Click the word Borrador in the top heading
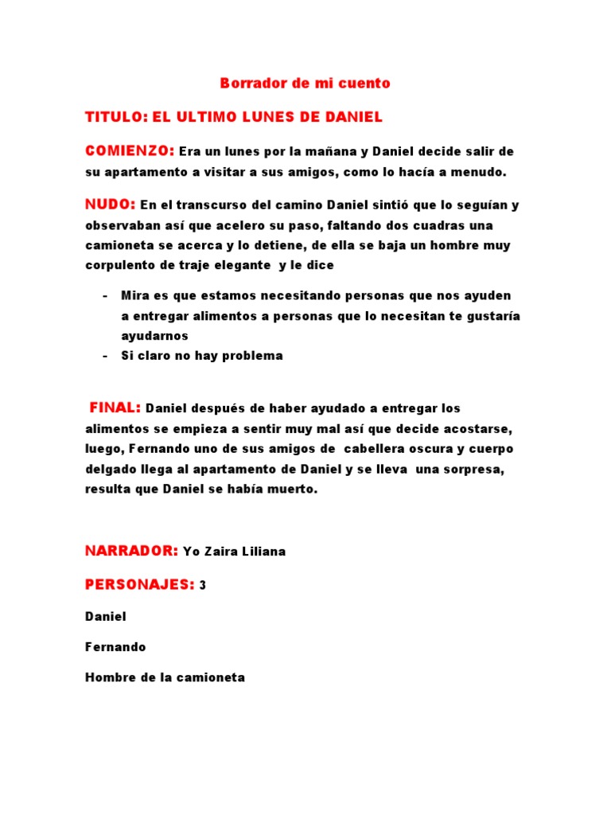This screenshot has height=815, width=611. (248, 83)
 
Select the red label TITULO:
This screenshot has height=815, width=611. (115, 117)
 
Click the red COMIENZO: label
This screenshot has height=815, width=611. (130, 150)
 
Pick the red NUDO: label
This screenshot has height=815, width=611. (111, 205)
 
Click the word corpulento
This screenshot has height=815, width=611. (117, 264)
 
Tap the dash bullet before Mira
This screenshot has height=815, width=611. (105, 295)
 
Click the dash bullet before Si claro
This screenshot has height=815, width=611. (105, 356)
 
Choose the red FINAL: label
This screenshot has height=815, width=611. (115, 408)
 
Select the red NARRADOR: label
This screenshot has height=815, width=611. (131, 551)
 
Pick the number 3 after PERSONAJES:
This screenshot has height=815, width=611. (203, 585)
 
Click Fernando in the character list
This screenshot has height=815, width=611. (115, 647)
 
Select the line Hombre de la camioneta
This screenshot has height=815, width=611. (165, 678)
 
